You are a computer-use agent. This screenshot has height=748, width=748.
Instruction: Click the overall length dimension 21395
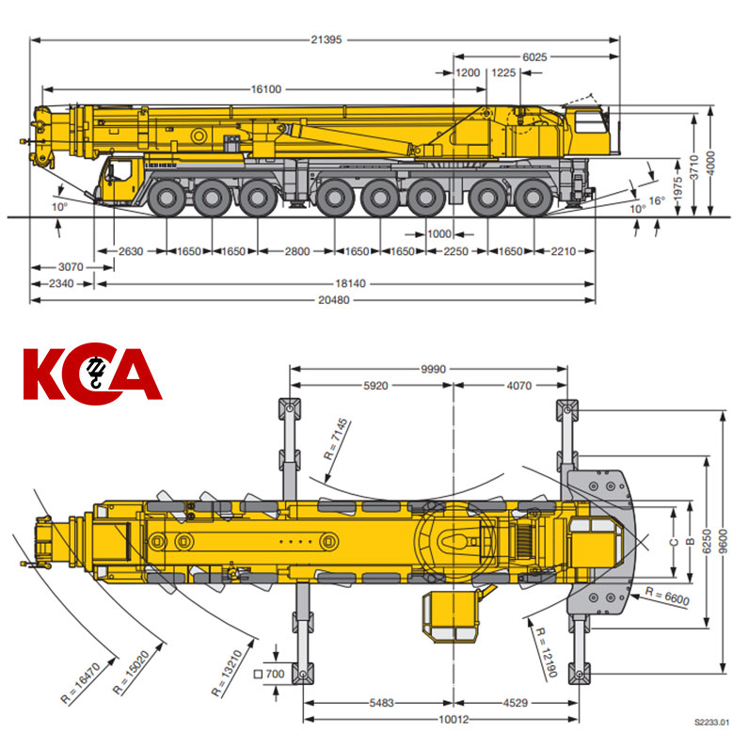pyautogui.click(x=326, y=40)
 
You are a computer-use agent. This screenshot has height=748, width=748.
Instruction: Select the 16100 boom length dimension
pyautogui.click(x=266, y=88)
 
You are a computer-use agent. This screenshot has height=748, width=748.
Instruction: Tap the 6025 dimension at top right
pyautogui.click(x=534, y=57)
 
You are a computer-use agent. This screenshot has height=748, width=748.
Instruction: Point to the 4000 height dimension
pyautogui.click(x=710, y=163)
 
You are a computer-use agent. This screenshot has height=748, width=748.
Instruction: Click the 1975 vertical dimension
pyautogui.click(x=677, y=188)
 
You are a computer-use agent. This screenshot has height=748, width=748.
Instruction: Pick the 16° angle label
pyautogui.click(x=657, y=200)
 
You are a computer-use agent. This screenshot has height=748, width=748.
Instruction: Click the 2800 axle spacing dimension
pyautogui.click(x=296, y=251)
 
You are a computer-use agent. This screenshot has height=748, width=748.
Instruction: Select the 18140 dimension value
pyautogui.click(x=350, y=283)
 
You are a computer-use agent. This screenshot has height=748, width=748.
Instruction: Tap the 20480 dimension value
pyautogui.click(x=334, y=300)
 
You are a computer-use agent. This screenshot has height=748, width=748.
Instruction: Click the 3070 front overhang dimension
pyautogui.click(x=71, y=266)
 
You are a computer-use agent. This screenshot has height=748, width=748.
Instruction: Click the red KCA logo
pyautogui.click(x=92, y=373)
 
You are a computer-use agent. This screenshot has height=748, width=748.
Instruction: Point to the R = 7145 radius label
pyautogui.click(x=337, y=439)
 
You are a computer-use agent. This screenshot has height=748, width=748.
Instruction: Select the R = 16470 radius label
pyautogui.click(x=81, y=683)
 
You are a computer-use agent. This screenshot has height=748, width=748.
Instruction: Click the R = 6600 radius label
pyautogui.click(x=667, y=597)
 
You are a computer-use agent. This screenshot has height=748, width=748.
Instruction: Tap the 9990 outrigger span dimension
pyautogui.click(x=433, y=369)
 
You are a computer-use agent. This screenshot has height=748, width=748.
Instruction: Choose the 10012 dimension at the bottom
pyautogui.click(x=454, y=719)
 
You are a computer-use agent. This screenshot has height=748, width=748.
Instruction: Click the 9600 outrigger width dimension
pyautogui.click(x=724, y=541)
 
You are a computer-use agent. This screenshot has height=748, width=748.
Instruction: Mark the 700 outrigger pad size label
pyautogui.click(x=270, y=674)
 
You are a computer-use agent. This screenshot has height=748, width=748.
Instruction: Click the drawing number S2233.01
pyautogui.click(x=711, y=722)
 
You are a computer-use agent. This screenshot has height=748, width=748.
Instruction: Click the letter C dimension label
pyautogui.click(x=674, y=542)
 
